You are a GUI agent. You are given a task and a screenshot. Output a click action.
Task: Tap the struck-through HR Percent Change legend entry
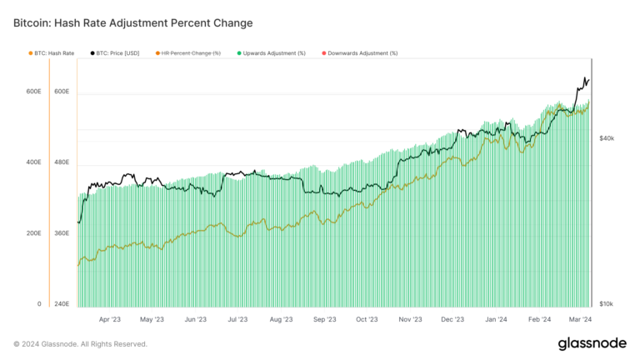pos(190,52)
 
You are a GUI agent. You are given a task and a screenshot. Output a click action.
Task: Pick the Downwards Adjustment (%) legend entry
pos(362,52)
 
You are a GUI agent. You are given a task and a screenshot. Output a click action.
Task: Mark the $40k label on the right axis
pos(607,138)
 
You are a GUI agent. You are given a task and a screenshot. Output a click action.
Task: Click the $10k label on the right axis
pos(607,305)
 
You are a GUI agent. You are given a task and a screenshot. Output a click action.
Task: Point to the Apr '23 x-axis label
pos(109,319)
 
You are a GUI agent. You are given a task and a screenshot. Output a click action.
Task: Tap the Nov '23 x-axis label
pos(411,319)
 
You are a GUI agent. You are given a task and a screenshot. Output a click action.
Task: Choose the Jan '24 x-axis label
pos(497,319)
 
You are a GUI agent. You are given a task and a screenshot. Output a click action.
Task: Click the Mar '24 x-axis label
pos(581,319)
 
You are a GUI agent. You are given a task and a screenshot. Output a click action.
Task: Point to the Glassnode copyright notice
pos(81,344)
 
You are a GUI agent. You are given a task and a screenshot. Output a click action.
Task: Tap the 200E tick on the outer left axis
pos(32,233)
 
